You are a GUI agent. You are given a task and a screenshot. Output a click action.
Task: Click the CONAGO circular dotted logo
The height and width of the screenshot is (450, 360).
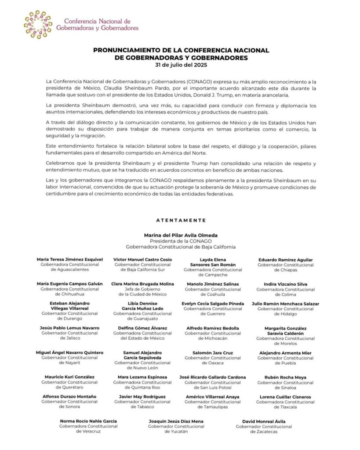click(x=38, y=24)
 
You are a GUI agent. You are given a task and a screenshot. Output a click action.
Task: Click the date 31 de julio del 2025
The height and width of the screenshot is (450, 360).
click(x=181, y=65)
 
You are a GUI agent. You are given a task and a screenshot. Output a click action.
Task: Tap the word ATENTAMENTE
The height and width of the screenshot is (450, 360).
click(x=181, y=220)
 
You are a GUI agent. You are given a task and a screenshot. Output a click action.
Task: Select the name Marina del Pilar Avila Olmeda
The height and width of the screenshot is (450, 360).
click(x=181, y=235)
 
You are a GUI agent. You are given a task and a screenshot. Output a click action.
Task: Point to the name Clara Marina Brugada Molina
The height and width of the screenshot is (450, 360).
click(x=142, y=284)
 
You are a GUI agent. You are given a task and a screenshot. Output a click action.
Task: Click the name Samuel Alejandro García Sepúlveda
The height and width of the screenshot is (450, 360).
click(x=142, y=355)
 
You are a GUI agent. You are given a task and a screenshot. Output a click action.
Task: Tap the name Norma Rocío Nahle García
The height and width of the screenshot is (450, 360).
click(x=88, y=421)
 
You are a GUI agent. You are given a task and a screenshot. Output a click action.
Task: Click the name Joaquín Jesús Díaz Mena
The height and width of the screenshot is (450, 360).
click(x=176, y=421)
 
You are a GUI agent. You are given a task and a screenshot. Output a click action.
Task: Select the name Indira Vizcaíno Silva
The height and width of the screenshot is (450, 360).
click(x=285, y=284)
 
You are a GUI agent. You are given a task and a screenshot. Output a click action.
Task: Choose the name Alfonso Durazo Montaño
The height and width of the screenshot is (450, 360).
click(x=69, y=397)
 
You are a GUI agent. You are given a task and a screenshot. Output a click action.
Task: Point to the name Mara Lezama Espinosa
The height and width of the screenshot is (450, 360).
click(x=142, y=377)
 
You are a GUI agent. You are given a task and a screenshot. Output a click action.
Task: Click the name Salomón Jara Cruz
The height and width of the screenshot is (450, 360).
click(x=213, y=352)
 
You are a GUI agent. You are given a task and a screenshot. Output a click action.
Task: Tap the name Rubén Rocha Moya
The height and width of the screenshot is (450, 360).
click(x=285, y=377)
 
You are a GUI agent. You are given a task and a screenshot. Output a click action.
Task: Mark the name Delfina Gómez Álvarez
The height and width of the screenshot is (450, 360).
click(x=142, y=328)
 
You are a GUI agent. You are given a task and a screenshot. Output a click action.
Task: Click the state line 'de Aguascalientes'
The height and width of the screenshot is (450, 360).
click(x=69, y=270)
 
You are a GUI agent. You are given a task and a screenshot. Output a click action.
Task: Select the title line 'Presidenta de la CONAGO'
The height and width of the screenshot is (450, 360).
click(x=181, y=241)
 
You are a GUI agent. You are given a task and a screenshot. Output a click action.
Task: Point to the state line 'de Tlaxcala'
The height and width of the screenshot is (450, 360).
click(x=285, y=407)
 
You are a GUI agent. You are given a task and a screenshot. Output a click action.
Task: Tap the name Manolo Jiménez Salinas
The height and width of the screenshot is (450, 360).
click(x=213, y=284)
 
